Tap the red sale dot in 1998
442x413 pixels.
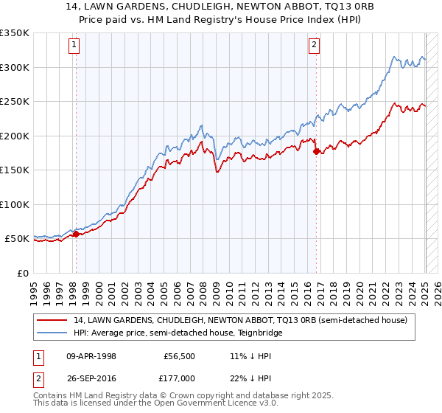click(76, 235)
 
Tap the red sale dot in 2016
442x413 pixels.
click(316, 151)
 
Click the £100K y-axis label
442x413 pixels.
click(15, 204)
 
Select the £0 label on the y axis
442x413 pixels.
click(24, 273)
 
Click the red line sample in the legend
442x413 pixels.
click(52, 319)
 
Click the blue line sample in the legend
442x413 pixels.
click(52, 333)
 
